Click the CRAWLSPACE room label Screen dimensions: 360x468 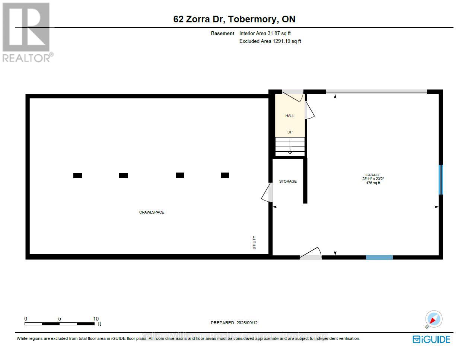(x=152, y=212)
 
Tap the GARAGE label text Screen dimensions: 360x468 (x=373, y=175)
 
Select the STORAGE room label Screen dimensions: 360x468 (x=288, y=181)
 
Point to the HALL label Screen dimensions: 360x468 (x=290, y=116)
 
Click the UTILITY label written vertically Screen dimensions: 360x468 (x=254, y=242)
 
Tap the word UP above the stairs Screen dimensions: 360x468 (x=290, y=132)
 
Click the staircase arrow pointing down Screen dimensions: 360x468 (x=290, y=149)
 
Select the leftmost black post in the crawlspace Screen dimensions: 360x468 (x=77, y=176)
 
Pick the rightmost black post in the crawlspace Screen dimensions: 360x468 (x=225, y=175)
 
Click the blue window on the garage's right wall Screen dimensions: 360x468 (x=441, y=180)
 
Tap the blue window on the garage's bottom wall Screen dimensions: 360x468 (x=379, y=257)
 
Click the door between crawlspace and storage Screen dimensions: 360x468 (x=268, y=192)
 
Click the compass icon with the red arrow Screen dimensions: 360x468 (x=434, y=319)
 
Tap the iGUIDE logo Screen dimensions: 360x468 (x=432, y=340)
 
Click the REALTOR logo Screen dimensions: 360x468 (x=27, y=32)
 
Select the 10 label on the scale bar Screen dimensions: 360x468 (x=96, y=319)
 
